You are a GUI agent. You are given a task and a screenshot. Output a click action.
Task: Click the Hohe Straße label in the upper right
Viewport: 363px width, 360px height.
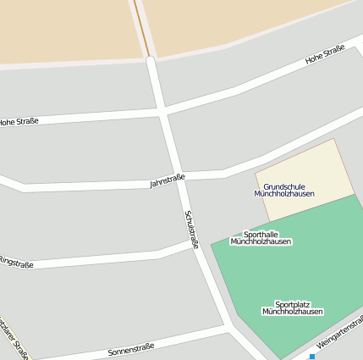coord(325,55)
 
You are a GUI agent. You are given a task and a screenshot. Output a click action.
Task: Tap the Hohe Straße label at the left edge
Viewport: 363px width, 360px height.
coord(19,122)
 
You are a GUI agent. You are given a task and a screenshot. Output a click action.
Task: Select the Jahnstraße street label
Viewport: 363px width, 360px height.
coord(167,180)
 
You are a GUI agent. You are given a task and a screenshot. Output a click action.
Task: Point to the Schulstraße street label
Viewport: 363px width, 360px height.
coord(191,229)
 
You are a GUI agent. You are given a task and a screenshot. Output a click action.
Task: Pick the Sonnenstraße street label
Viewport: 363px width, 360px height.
coord(130,348)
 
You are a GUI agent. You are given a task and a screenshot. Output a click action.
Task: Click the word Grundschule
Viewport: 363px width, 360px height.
coord(284,186)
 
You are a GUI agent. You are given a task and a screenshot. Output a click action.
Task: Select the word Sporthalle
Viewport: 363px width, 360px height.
coord(261,234)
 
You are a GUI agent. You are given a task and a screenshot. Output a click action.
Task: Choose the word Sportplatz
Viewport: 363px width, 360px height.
coord(292,304)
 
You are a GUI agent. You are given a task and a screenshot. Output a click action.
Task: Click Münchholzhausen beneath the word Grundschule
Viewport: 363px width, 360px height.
coord(284,194)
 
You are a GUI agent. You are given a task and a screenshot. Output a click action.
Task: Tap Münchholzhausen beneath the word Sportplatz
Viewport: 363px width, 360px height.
coord(292,312)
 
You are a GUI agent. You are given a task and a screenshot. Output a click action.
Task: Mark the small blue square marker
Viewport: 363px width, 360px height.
coord(312,357)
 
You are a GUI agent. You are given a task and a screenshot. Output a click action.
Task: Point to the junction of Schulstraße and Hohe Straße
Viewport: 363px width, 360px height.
coord(162,110)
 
